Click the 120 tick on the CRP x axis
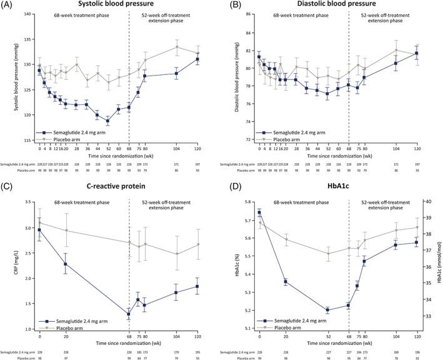coord(197,336)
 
